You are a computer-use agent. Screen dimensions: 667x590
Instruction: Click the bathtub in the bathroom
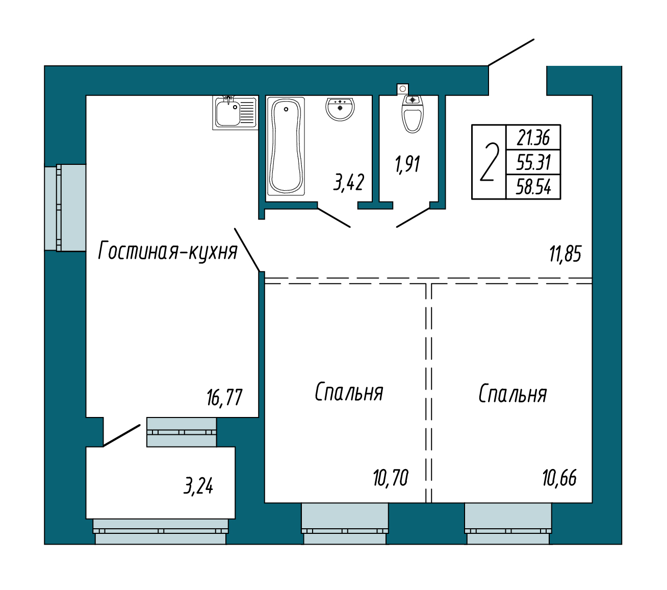(286, 145)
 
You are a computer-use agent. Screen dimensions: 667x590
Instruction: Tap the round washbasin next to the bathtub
(340, 109)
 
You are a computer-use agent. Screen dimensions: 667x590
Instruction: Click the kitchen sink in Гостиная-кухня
(235, 112)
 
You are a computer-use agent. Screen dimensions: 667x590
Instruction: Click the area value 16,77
(224, 397)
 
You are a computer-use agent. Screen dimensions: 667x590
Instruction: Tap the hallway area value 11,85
(565, 254)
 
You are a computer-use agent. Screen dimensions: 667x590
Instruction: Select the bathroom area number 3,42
(349, 182)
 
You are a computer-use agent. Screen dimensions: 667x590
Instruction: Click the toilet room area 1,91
(408, 164)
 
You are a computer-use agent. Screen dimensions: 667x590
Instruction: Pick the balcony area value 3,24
(198, 486)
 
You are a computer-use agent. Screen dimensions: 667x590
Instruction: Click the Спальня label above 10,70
(349, 392)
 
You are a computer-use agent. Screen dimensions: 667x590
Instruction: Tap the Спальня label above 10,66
(512, 394)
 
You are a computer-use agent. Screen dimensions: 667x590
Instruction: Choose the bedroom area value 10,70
(391, 478)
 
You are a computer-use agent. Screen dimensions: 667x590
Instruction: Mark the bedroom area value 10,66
(560, 478)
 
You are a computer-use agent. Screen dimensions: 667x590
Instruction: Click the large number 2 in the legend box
(489, 162)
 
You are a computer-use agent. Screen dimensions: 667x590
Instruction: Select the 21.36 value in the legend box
(533, 137)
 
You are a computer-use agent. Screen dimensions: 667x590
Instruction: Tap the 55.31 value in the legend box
(533, 162)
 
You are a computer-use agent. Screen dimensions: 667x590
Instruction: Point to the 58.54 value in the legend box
(533, 187)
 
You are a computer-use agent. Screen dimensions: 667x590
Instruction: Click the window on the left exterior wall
(65, 208)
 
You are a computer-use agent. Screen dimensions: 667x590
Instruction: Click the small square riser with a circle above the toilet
(402, 89)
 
